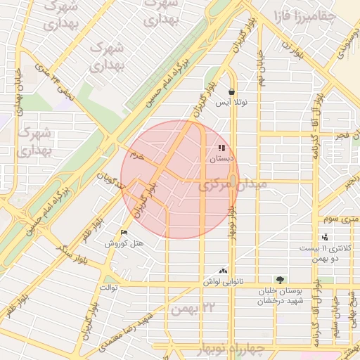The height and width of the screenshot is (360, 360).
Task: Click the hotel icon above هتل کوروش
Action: point(125,233)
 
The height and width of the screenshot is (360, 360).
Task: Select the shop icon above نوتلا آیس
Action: point(231,92)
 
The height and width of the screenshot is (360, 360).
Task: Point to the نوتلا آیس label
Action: point(232,103)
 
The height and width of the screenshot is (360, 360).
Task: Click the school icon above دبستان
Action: point(222,148)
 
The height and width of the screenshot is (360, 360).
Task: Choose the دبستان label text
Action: point(222,159)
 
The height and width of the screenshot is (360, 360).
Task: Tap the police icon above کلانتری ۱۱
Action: point(324,238)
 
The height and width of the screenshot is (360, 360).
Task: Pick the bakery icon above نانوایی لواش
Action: point(224,271)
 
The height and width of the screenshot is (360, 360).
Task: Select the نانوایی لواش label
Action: point(224,281)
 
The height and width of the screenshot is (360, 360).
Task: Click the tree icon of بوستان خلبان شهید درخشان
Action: point(281,280)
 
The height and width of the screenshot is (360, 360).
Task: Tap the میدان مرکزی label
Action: point(232,186)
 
